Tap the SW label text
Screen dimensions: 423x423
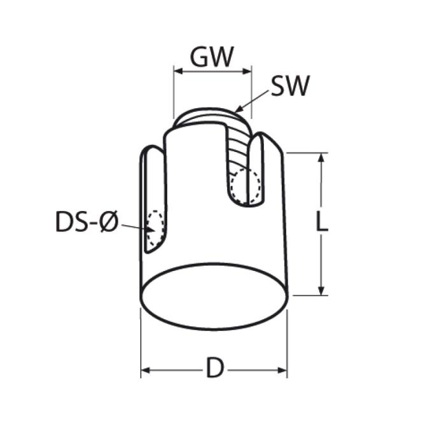[289, 87]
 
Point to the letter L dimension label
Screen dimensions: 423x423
[322, 223]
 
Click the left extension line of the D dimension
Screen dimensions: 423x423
[141, 343]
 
